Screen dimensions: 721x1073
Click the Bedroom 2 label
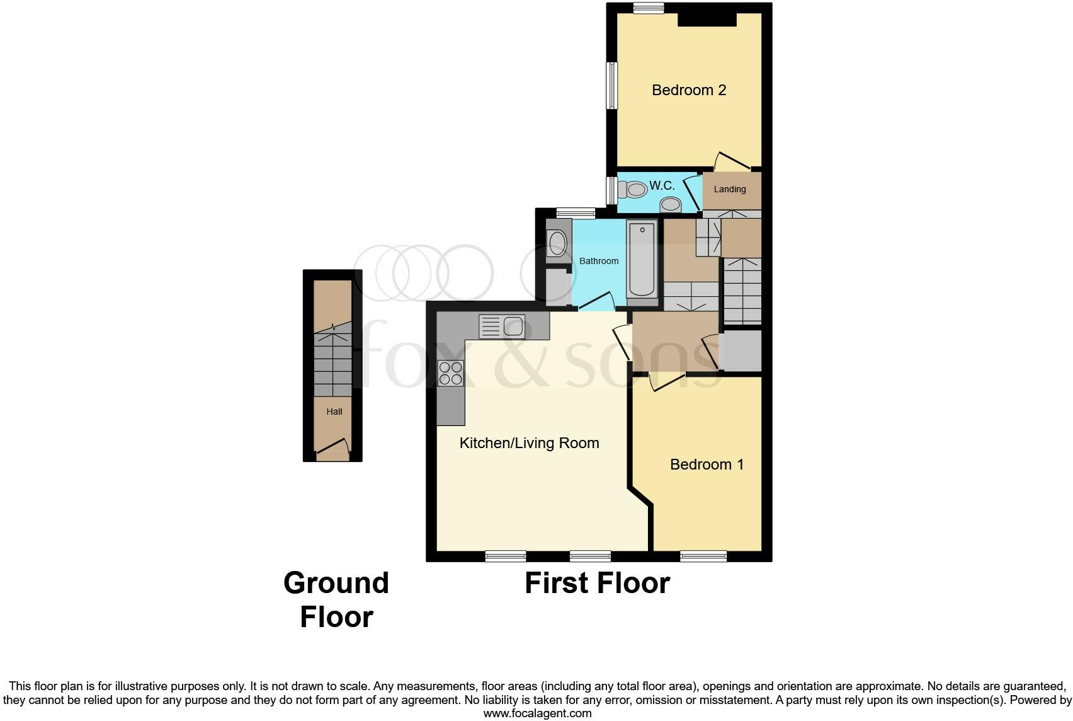pyautogui.click(x=689, y=90)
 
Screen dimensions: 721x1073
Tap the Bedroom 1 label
pyautogui.click(x=707, y=464)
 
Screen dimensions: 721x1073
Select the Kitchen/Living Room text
pyautogui.click(x=529, y=443)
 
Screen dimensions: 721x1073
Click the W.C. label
pyautogui.click(x=662, y=185)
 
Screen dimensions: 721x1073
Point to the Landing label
pyautogui.click(x=729, y=189)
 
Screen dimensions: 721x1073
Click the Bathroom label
pyautogui.click(x=599, y=261)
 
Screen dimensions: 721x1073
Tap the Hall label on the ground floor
pyautogui.click(x=334, y=412)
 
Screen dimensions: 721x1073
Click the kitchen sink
pyautogui.click(x=502, y=326)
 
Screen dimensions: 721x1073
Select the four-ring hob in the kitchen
pyautogui.click(x=451, y=373)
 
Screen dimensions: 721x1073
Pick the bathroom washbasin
pyautogui.click(x=557, y=243)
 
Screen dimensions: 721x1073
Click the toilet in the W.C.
pyautogui.click(x=633, y=189)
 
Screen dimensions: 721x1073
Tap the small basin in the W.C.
pyautogui.click(x=671, y=204)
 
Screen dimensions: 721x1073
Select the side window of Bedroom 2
pyautogui.click(x=611, y=85)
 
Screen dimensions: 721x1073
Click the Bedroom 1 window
pyautogui.click(x=703, y=556)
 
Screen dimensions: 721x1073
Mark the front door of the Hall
pyautogui.click(x=332, y=449)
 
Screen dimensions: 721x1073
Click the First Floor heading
pyautogui.click(x=597, y=583)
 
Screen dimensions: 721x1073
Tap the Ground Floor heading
pyautogui.click(x=336, y=600)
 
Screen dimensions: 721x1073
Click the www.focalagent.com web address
pyautogui.click(x=537, y=713)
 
